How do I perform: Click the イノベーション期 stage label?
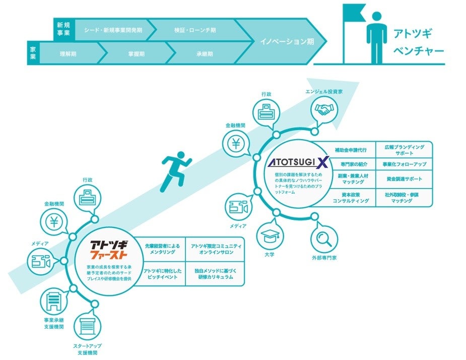287,42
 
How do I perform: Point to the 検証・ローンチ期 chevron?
195,30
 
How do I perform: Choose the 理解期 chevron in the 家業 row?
68,53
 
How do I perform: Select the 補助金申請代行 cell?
351,150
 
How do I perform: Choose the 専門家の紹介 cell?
351,164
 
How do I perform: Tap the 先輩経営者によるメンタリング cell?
162,249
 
